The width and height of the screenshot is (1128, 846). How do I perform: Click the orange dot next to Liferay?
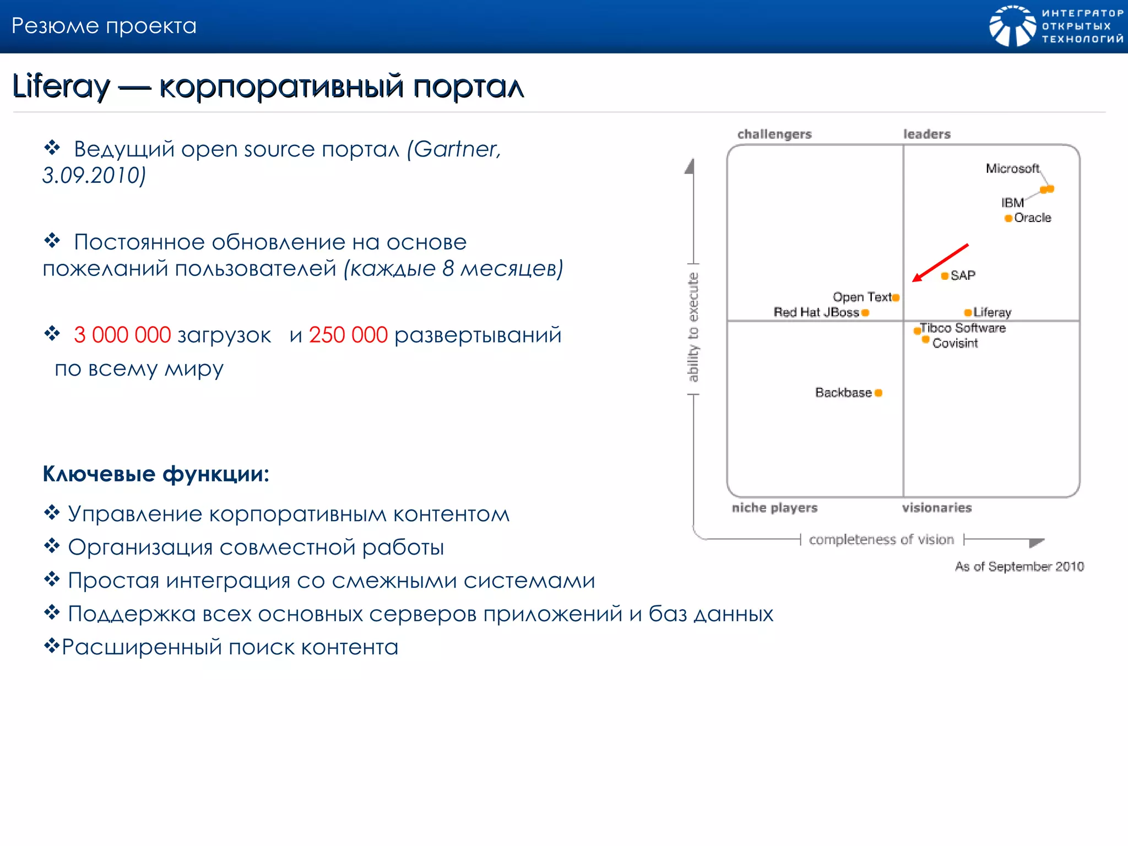click(x=968, y=313)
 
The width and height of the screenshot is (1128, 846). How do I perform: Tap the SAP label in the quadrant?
click(x=963, y=275)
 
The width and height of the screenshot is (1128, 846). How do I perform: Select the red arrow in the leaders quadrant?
click(x=940, y=263)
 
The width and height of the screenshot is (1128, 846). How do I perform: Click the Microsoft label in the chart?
click(x=1012, y=169)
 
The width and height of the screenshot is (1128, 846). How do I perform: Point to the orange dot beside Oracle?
click(x=1008, y=219)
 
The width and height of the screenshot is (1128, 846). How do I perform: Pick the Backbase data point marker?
click(x=878, y=393)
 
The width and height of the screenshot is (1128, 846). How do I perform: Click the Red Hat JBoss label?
click(x=816, y=312)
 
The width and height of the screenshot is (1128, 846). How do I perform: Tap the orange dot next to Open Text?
click(x=896, y=298)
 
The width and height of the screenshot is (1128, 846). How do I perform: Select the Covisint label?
click(x=955, y=343)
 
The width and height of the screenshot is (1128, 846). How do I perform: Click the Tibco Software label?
click(x=963, y=328)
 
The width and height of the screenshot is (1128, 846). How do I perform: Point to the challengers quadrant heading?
click(x=774, y=134)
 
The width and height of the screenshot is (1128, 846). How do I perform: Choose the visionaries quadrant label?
click(x=936, y=508)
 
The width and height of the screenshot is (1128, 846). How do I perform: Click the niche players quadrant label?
click(x=774, y=508)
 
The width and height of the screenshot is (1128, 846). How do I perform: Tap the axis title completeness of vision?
click(x=881, y=540)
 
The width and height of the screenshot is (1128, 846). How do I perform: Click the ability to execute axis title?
click(x=693, y=327)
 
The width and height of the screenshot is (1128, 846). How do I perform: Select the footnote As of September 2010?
click(x=1019, y=567)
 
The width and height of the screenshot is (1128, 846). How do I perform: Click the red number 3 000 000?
click(x=122, y=335)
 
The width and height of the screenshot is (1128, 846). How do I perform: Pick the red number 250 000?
click(x=348, y=335)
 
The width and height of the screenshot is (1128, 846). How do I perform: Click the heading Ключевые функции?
click(x=156, y=474)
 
